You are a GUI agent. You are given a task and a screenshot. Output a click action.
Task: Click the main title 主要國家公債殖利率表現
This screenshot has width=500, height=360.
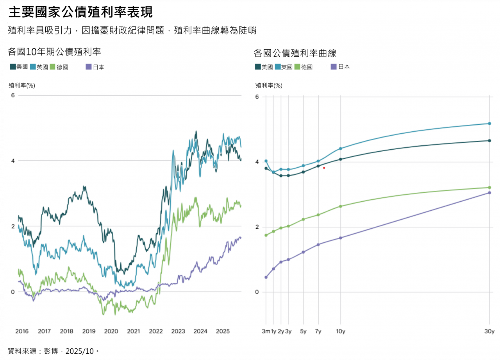pyautogui.click(x=80, y=12)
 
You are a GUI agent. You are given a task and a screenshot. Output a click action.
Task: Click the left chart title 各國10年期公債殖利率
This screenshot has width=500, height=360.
pyautogui.click(x=54, y=52)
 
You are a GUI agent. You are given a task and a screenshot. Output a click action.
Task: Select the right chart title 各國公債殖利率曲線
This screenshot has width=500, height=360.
pyautogui.click(x=295, y=53)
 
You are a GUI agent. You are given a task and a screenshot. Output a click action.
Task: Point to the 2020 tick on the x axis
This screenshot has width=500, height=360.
pyautogui.click(x=111, y=331)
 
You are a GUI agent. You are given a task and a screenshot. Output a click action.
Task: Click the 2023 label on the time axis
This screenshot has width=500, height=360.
pyautogui.click(x=178, y=331)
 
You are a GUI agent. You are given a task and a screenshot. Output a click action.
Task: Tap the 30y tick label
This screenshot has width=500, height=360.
pyautogui.click(x=489, y=331)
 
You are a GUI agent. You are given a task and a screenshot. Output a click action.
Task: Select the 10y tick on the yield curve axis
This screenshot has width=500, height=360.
pyautogui.click(x=341, y=331)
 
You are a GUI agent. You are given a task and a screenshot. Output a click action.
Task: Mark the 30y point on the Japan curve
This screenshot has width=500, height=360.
pyautogui.click(x=489, y=193)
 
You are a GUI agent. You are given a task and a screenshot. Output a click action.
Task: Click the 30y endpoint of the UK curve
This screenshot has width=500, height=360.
pyautogui.click(x=489, y=124)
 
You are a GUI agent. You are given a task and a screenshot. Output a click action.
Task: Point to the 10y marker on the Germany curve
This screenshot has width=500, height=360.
pyautogui.click(x=341, y=206)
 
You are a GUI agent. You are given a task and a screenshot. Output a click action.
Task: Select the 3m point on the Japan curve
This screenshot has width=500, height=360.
pyautogui.click(x=266, y=277)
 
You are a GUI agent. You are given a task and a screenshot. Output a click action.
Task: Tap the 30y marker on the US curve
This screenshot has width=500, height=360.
pyautogui.click(x=489, y=141)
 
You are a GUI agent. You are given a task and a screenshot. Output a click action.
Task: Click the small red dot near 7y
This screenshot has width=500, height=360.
pyautogui.click(x=324, y=168)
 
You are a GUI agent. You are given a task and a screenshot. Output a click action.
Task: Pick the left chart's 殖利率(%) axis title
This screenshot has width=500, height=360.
pyautogui.click(x=22, y=85)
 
